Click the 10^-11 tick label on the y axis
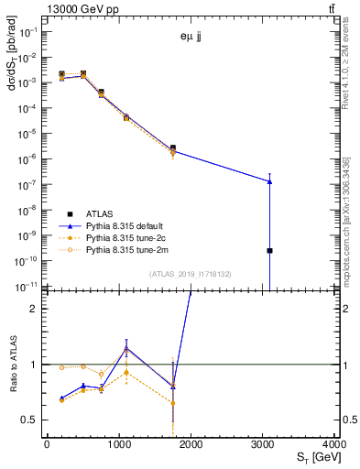tap(27, 287)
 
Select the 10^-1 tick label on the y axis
tap(27, 31)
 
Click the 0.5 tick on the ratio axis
tap(31, 420)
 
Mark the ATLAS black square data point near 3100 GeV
tap(269, 250)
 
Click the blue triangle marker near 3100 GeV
tap(269, 181)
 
